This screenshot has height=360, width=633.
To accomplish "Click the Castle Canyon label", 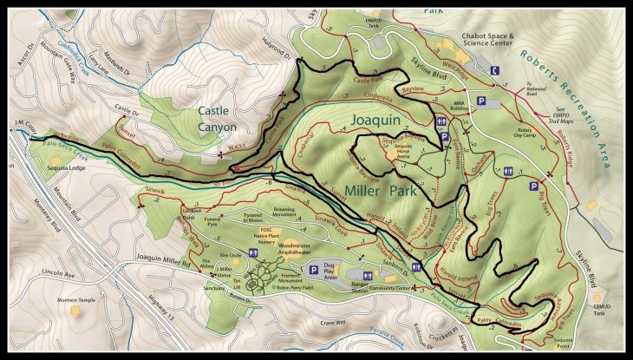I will pos(217,118).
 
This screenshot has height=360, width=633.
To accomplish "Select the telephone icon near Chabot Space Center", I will pos(494,70).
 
